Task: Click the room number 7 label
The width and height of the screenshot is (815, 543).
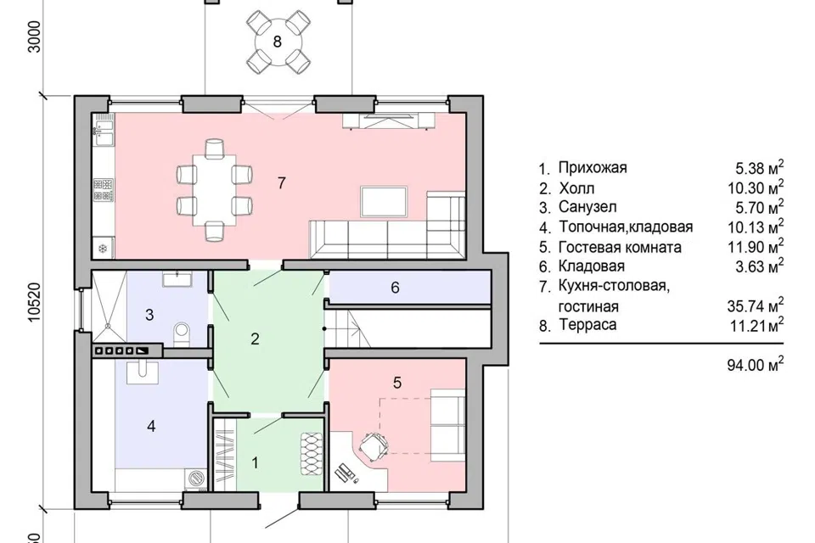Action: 281,183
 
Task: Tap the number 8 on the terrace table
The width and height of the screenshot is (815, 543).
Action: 278,41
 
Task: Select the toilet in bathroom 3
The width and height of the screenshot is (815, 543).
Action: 182,333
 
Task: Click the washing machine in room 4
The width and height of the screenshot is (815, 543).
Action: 196,478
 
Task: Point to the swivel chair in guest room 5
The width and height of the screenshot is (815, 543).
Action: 374,446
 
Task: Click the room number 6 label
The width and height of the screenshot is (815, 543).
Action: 395,288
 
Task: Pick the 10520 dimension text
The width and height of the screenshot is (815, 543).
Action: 34,302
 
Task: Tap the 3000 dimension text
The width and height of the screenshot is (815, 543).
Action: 34,36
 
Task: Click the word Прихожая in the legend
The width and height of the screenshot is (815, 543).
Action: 593,168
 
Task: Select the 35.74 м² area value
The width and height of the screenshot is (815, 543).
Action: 755,305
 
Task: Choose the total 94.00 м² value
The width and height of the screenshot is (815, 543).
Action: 755,364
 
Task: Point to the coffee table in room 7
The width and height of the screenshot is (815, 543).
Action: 384,202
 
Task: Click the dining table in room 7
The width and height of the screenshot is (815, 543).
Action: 214,190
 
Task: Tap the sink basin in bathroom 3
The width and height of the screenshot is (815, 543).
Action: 177,278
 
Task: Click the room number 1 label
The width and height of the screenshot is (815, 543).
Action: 255,462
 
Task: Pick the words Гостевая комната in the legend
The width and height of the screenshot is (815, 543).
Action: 620,247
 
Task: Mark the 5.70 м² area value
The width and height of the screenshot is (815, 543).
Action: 759,207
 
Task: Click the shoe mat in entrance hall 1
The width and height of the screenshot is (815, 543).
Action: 311,454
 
